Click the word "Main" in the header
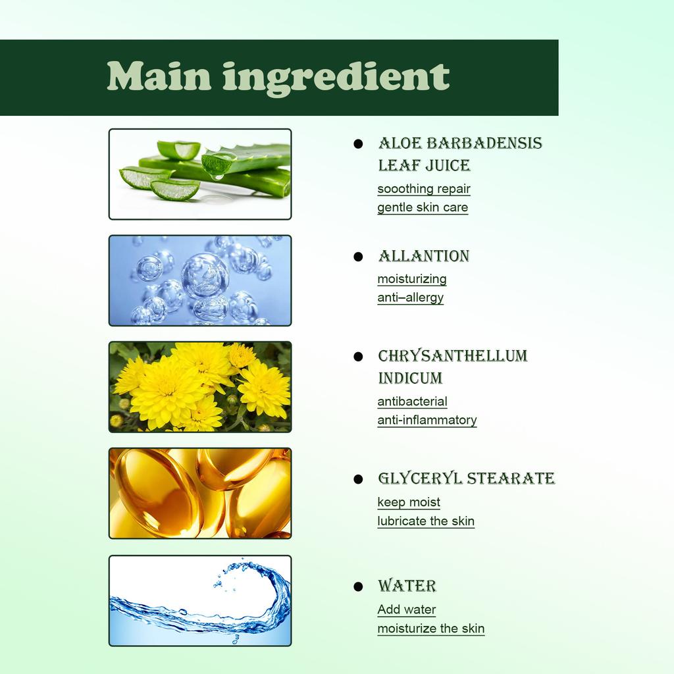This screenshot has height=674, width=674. click(159, 76)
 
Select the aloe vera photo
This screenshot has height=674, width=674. click(200, 174)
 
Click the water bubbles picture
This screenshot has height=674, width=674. click(200, 280)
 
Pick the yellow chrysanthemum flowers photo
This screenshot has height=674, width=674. click(200, 387)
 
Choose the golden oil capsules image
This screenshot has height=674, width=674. click(200, 493)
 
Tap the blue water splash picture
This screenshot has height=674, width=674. click(200, 600)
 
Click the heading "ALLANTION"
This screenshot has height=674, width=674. click(424, 256)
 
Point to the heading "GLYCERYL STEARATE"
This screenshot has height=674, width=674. click(467, 479)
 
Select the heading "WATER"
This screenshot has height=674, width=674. click(407, 586)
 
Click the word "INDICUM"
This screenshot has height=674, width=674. click(410, 378)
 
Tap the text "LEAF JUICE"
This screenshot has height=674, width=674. click(425, 165)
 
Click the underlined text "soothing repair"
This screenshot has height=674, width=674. click(424, 189)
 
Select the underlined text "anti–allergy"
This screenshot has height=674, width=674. click(411, 298)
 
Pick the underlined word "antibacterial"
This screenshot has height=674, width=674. click(412, 402)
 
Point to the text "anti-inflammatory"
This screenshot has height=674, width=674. click(427, 420)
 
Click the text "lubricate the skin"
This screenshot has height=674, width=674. click(426, 521)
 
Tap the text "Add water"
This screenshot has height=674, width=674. click(407, 609)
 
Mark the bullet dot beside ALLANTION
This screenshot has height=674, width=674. click(358, 257)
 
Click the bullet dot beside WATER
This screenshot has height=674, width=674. click(358, 586)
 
